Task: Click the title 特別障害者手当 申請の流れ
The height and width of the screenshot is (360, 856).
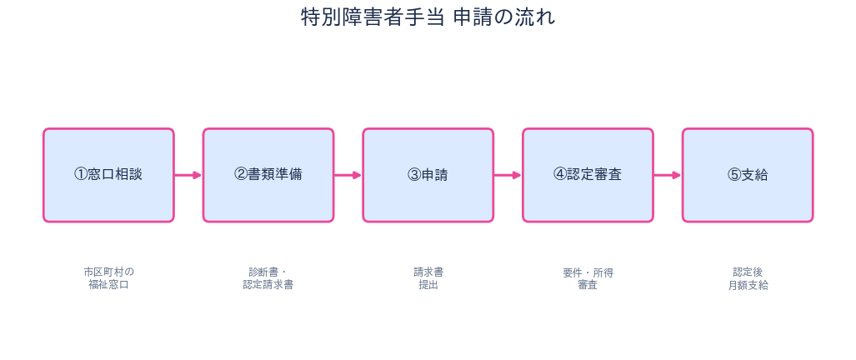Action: [x=428, y=17]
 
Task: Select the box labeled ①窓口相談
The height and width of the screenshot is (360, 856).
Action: [x=108, y=175]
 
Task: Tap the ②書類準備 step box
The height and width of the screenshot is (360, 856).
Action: [x=268, y=175]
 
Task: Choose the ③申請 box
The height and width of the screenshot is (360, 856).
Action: [x=428, y=175]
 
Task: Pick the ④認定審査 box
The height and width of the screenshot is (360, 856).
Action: [x=588, y=175]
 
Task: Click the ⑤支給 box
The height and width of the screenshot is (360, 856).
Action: [x=748, y=175]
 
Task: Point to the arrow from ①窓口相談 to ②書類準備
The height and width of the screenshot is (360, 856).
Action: [x=188, y=175]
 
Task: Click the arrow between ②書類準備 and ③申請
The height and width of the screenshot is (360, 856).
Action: [x=348, y=175]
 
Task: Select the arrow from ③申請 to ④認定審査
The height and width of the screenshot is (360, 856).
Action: [x=508, y=175]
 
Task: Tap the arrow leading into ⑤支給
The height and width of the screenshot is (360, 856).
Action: [x=668, y=175]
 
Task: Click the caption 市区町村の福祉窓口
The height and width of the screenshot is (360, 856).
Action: [x=108, y=278]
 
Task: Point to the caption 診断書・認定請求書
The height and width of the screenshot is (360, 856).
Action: [x=268, y=278]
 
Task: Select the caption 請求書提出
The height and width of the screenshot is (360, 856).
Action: [x=428, y=278]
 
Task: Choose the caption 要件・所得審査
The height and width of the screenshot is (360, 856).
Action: [x=588, y=278]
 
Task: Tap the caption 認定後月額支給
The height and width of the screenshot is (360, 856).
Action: [x=748, y=278]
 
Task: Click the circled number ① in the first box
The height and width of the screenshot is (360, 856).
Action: [x=81, y=174]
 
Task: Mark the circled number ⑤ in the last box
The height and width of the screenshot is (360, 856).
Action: [x=734, y=175]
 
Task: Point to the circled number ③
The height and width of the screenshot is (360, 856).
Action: [x=414, y=175]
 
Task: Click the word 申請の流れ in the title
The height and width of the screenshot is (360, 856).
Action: [x=504, y=17]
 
